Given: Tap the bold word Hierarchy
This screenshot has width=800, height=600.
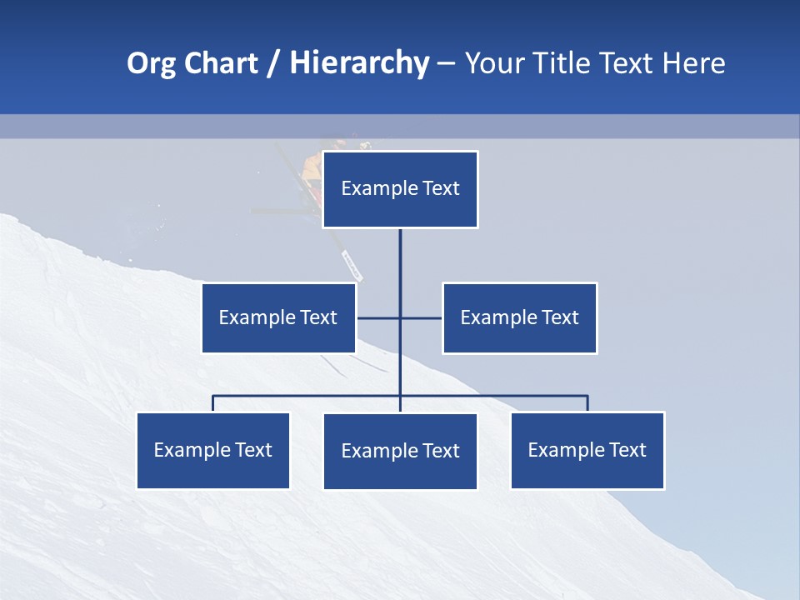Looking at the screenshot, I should click(359, 63).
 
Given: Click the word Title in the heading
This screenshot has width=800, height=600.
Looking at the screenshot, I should click(562, 63).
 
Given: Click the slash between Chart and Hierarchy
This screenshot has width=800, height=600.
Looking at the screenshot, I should click(274, 64).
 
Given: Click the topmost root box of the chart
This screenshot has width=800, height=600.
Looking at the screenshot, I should click(400, 189).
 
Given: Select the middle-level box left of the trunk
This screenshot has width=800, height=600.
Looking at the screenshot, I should click(278, 317).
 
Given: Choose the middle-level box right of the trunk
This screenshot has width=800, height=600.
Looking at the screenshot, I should click(519, 317).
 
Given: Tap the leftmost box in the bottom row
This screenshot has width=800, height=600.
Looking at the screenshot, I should click(213, 450).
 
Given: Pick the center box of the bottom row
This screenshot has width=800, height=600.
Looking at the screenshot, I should click(400, 451).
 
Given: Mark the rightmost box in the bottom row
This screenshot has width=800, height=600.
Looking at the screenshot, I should click(587, 450).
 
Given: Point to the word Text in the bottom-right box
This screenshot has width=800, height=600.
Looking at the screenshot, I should click(627, 450).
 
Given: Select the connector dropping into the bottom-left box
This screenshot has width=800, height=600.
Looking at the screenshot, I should click(213, 403).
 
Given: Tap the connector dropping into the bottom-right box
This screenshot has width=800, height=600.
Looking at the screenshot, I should click(587, 403).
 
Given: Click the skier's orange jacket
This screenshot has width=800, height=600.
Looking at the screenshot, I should click(312, 167).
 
